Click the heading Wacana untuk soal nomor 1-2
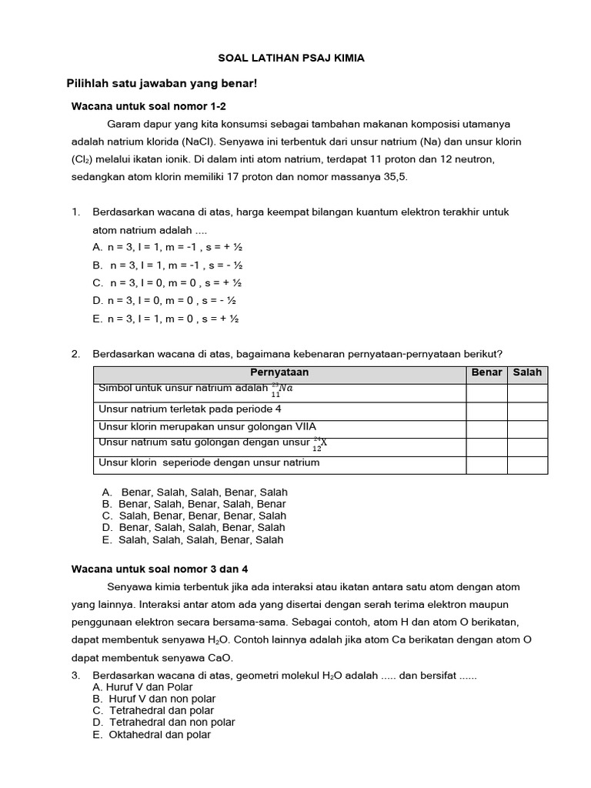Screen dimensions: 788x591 tap(149, 105)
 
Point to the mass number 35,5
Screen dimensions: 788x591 tap(393, 177)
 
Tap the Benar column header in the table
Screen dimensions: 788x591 tap(486, 372)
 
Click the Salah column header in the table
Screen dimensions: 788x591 tap(527, 372)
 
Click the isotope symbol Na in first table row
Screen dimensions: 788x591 tap(282, 390)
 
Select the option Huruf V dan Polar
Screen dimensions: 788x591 tap(142, 687)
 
